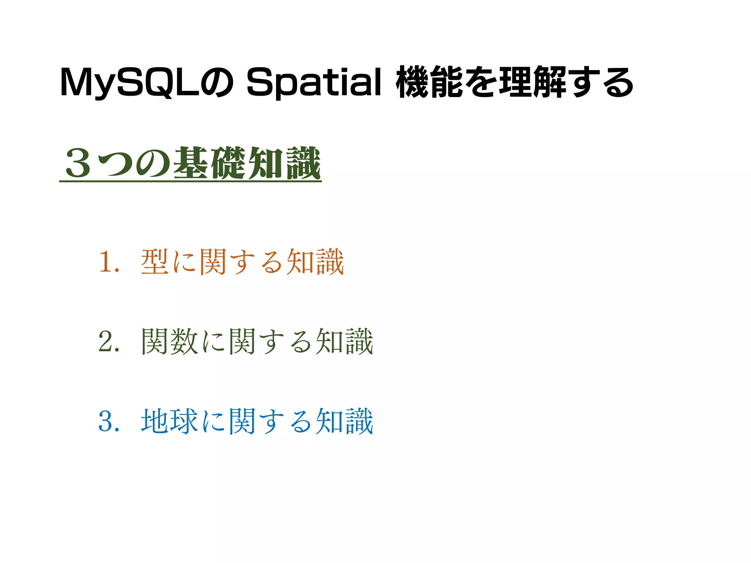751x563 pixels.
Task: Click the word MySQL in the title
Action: (x=130, y=83)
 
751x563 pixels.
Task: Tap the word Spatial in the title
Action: (x=314, y=83)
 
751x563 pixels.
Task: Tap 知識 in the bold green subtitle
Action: (x=284, y=163)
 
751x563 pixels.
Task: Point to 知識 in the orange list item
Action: (x=315, y=262)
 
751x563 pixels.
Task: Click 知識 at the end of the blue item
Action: (x=344, y=422)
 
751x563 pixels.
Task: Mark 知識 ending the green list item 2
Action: (x=344, y=342)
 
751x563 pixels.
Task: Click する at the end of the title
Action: (x=601, y=83)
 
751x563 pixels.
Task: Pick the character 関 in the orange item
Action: (x=213, y=262)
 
